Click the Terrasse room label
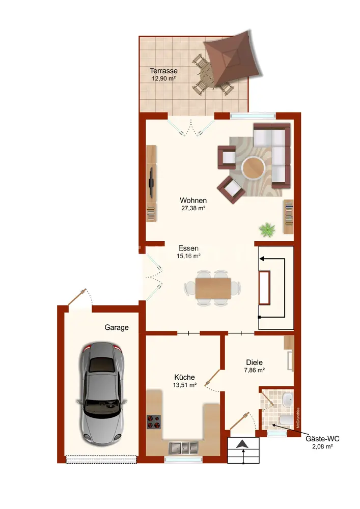click(x=163, y=70)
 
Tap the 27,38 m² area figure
click(x=193, y=208)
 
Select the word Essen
click(x=188, y=248)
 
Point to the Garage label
click(x=117, y=327)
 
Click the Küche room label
click(x=184, y=377)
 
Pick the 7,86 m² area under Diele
click(x=254, y=370)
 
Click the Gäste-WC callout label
click(x=322, y=439)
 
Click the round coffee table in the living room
click(x=254, y=167)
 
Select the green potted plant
click(x=267, y=230)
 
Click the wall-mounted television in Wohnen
click(x=151, y=182)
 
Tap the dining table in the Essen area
click(x=213, y=288)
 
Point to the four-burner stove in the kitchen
click(x=154, y=422)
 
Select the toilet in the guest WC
click(x=286, y=420)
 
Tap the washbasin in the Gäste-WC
click(x=288, y=400)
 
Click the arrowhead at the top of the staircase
click(x=261, y=259)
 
